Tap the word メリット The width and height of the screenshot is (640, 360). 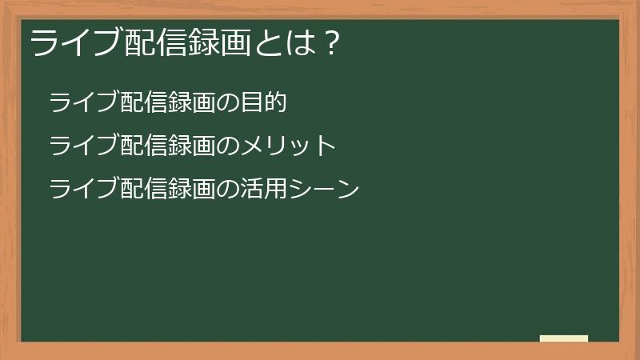287,146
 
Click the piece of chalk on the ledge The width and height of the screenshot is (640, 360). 563,338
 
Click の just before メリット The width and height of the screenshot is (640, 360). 227,146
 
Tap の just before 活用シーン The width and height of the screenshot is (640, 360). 227,190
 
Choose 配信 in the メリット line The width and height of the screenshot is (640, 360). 143,146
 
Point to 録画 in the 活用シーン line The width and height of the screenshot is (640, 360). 191,190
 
